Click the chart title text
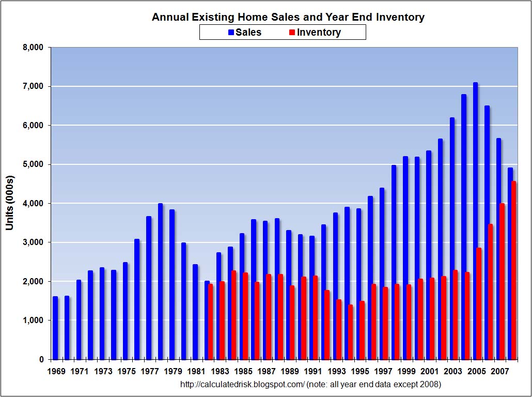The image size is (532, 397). (x=288, y=17)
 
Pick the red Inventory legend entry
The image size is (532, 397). (x=315, y=33)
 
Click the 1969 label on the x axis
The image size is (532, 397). (x=55, y=372)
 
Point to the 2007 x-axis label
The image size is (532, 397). (x=499, y=372)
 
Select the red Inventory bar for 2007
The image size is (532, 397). (x=502, y=281)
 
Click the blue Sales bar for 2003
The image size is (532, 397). (x=452, y=238)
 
